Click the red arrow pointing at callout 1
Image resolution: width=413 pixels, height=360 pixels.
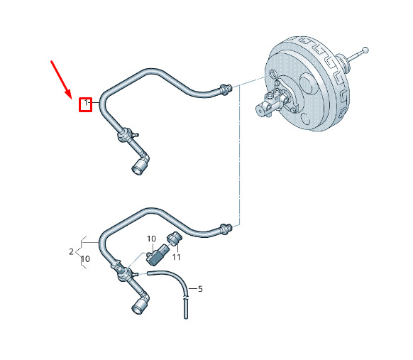click(x=61, y=80)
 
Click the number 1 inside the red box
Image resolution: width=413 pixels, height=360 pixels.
click(x=86, y=102)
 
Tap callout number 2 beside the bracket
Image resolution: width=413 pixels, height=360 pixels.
click(x=71, y=251)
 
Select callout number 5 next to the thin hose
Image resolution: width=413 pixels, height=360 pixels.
click(x=200, y=289)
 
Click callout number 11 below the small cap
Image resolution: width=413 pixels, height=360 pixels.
click(x=176, y=257)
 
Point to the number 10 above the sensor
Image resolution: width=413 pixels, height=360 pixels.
click(x=151, y=239)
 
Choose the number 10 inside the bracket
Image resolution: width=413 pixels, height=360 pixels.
click(x=85, y=259)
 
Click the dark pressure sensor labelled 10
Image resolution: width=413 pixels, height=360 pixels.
click(x=158, y=255)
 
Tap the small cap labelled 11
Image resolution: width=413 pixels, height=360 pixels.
click(x=174, y=238)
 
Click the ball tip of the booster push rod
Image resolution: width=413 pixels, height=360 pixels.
click(x=365, y=50)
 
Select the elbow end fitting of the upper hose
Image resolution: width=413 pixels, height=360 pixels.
click(x=141, y=164)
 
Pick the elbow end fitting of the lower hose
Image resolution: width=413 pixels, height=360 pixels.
click(x=141, y=304)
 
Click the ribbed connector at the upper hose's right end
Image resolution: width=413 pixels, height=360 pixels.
click(x=226, y=89)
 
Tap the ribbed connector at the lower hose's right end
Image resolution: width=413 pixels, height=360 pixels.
click(x=226, y=229)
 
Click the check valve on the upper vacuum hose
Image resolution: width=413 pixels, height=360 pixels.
click(x=126, y=135)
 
